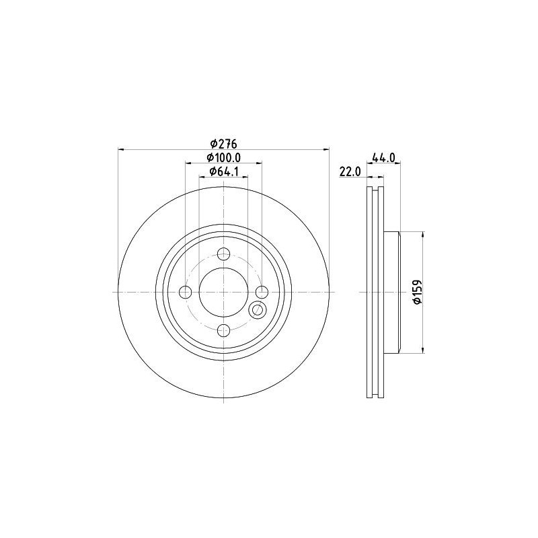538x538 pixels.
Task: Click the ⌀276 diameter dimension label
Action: [225, 143]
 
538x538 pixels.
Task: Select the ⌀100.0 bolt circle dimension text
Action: [225, 157]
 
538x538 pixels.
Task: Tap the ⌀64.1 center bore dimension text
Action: [225, 171]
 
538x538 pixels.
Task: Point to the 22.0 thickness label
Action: [350, 172]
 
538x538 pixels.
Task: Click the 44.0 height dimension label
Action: [383, 157]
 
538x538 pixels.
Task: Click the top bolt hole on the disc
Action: [224, 254]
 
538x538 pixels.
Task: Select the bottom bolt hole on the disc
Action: [224, 330]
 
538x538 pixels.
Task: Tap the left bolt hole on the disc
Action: [186, 292]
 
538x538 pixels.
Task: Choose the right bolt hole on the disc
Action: [262, 292]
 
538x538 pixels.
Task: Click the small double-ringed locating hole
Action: [257, 310]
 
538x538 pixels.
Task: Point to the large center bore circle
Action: [224, 292]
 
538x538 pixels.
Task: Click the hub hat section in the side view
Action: [393, 292]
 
